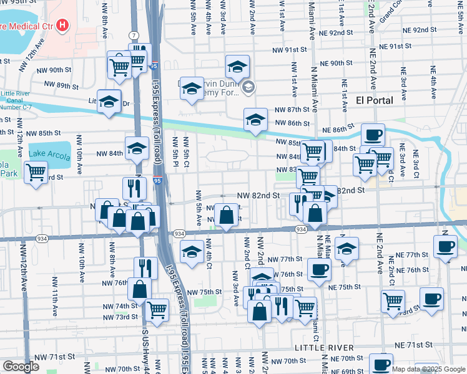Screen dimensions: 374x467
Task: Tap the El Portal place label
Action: (375, 100)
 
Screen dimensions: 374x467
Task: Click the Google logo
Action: (21, 367)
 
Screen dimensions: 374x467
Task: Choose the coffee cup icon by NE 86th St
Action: (373, 134)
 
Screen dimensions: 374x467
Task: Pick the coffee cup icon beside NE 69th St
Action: (381, 364)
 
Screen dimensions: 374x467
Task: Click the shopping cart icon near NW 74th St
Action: (157, 307)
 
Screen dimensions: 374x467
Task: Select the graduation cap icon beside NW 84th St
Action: (137, 148)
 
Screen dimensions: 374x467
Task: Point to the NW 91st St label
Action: (290, 50)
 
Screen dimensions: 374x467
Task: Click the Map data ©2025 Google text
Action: (428, 369)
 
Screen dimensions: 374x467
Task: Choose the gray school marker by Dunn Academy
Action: (248, 87)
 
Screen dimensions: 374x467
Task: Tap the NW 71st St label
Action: (54, 357)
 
